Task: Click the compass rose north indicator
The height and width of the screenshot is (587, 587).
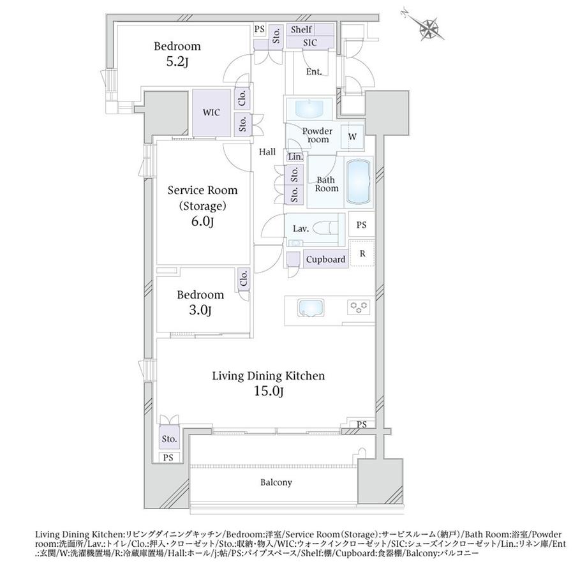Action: tap(427, 26)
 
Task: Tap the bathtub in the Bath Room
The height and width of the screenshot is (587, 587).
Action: tap(359, 181)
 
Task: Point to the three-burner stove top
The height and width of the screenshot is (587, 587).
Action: tap(359, 308)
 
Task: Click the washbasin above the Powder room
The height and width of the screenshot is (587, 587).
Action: tap(309, 108)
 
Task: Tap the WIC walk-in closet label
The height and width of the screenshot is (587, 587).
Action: tap(211, 112)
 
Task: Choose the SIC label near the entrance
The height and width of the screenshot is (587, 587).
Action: tap(310, 43)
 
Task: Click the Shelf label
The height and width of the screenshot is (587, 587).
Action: tap(301, 29)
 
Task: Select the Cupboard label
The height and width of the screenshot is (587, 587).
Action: tap(325, 259)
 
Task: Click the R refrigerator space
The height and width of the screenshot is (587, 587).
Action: tap(362, 253)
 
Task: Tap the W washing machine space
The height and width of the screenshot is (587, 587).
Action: tap(352, 137)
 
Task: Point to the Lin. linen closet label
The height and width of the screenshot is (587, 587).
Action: tap(296, 157)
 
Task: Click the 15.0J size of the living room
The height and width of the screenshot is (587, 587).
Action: tap(269, 392)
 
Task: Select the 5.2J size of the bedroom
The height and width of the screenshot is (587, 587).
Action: tap(177, 62)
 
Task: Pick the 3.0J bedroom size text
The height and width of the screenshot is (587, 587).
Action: tap(200, 310)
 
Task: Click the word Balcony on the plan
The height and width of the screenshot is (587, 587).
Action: tap(276, 482)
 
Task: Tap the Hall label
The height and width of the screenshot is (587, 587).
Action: tap(267, 152)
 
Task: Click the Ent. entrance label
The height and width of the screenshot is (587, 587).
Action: tap(314, 71)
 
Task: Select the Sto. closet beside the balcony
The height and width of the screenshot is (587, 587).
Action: tap(169, 438)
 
